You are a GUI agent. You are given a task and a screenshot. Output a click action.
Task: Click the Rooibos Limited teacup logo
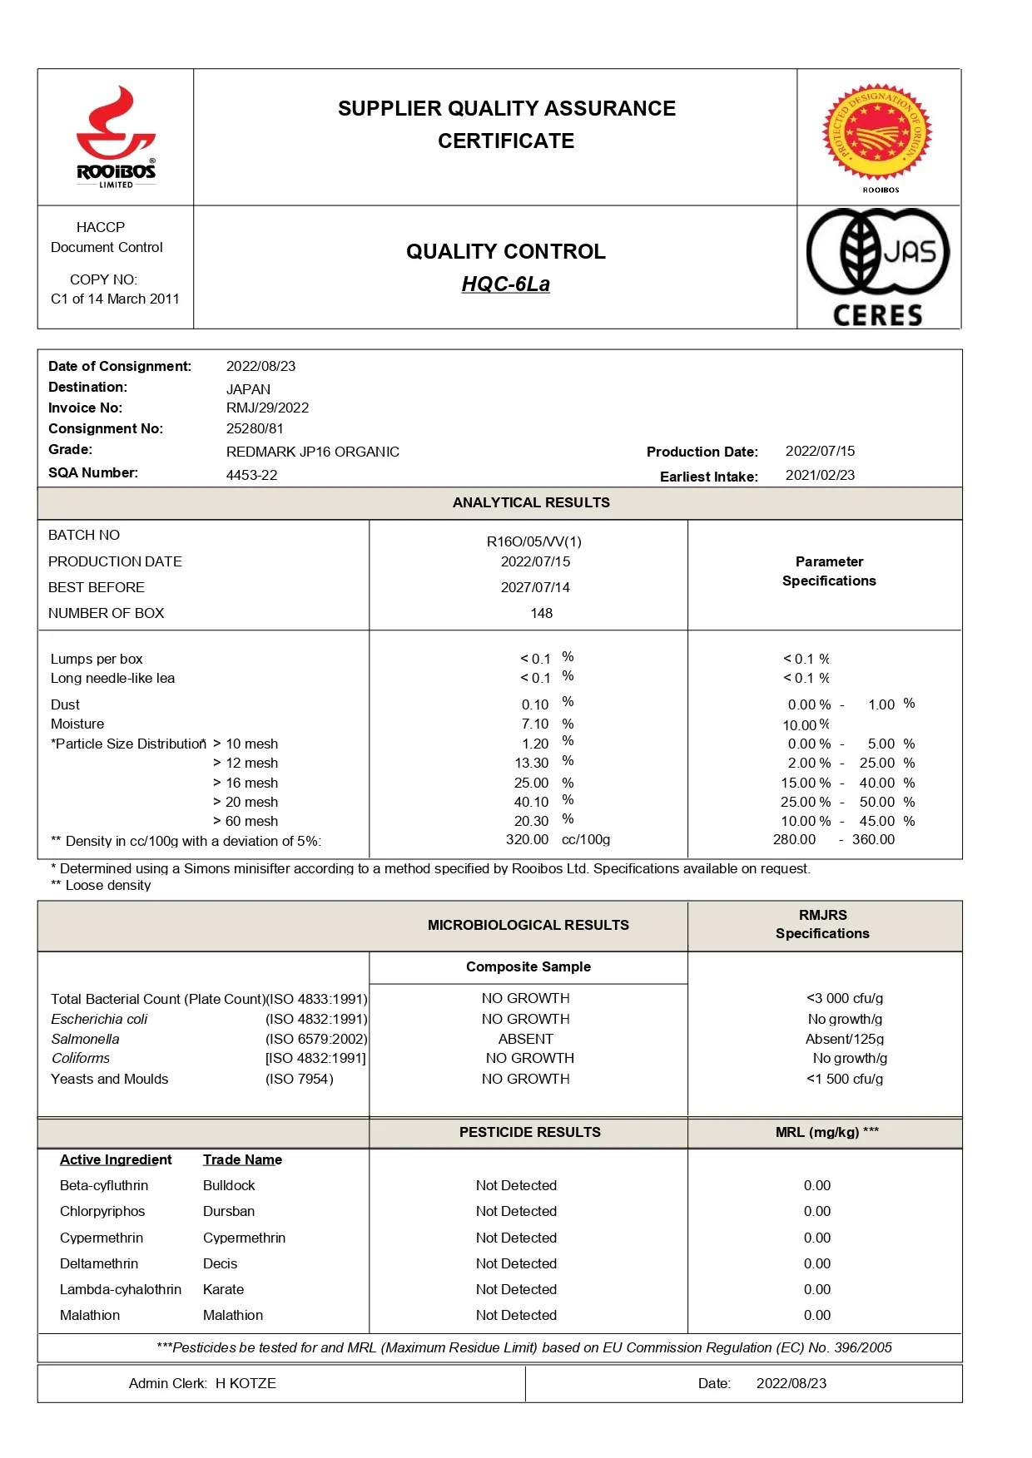pyautogui.click(x=116, y=137)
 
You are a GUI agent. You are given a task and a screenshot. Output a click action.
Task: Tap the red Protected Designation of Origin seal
pyautogui.click(x=877, y=132)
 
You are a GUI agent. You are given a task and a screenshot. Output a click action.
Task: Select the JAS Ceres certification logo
pyautogui.click(x=878, y=268)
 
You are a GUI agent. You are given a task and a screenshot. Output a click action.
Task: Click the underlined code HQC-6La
pyautogui.click(x=506, y=284)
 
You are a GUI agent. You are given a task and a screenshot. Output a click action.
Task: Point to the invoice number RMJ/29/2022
pyautogui.click(x=267, y=408)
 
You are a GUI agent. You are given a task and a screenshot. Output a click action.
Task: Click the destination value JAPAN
pyautogui.click(x=248, y=389)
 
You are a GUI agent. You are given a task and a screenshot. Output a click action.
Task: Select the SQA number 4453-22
pyautogui.click(x=251, y=475)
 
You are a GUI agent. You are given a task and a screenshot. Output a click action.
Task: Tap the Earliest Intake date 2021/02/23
pyautogui.click(x=820, y=475)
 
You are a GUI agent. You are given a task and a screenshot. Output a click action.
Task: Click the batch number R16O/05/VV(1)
pyautogui.click(x=533, y=541)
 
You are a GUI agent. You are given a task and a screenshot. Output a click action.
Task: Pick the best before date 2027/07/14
pyautogui.click(x=535, y=587)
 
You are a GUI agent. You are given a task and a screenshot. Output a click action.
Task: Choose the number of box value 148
pyautogui.click(x=541, y=613)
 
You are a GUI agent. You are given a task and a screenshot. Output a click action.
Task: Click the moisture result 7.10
pyautogui.click(x=535, y=724)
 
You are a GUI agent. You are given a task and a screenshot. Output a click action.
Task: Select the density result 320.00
pyautogui.click(x=527, y=840)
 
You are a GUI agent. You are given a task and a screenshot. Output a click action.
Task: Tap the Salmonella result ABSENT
pyautogui.click(x=525, y=1039)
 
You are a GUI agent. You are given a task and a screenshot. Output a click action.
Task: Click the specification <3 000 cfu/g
pyautogui.click(x=845, y=998)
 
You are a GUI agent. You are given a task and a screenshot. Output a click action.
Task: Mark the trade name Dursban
pyautogui.click(x=229, y=1211)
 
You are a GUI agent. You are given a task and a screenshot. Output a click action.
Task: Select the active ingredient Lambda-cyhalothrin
pyautogui.click(x=121, y=1289)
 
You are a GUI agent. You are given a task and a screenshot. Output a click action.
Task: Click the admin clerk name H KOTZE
pyautogui.click(x=246, y=1383)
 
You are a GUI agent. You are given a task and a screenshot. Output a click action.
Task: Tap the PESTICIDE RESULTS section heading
pyautogui.click(x=529, y=1132)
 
